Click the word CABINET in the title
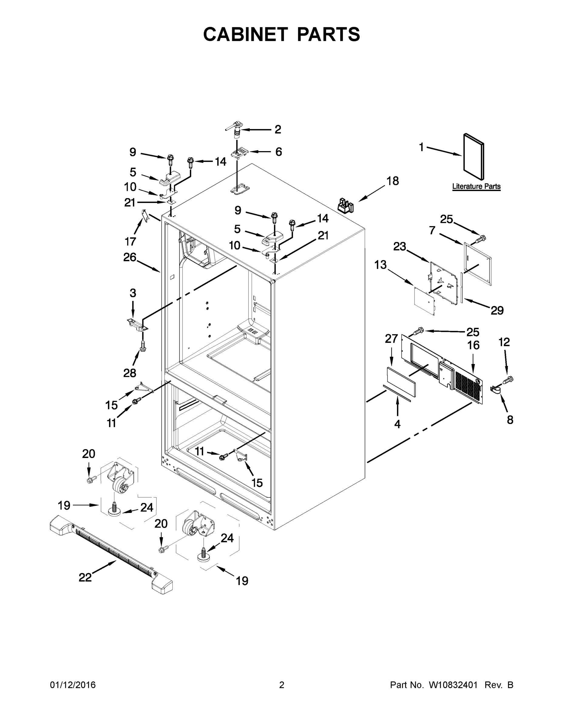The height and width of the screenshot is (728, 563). tap(246, 34)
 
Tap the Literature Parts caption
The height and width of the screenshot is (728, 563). tap(476, 186)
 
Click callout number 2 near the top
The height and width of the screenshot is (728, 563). tap(277, 129)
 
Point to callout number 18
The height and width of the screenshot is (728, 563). tap(392, 181)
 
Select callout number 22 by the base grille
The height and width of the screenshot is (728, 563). tap(85, 577)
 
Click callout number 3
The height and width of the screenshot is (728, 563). tap(133, 293)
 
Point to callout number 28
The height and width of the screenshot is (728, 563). tap(130, 373)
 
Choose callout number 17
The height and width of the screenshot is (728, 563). tap(131, 241)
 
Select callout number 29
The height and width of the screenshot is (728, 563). tap(497, 310)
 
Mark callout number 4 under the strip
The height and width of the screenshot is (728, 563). tap(397, 424)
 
